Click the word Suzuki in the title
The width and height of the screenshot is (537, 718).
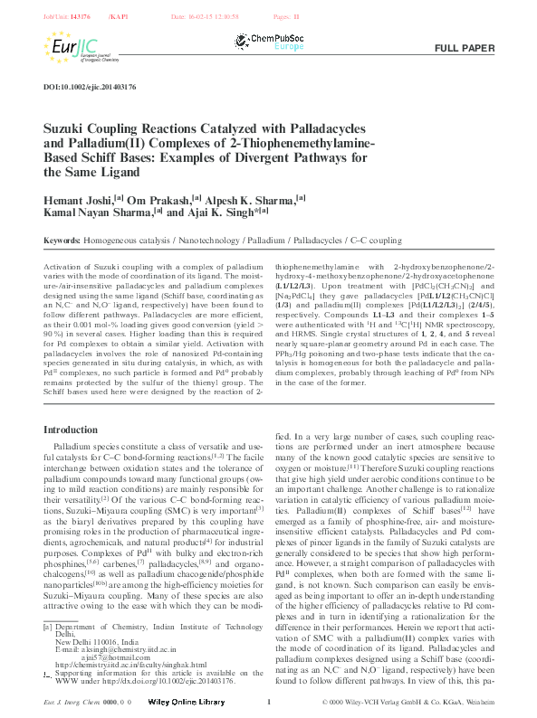click(68, 130)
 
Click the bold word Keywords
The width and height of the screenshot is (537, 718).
click(61, 241)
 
